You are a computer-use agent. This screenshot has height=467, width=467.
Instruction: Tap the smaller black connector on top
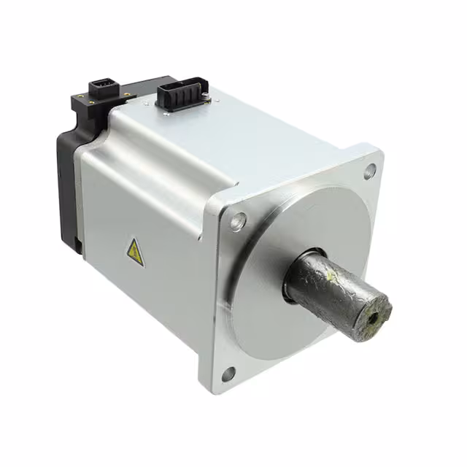pyautogui.click(x=102, y=91)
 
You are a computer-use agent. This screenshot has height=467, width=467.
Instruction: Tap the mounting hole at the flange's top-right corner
pyautogui.click(x=370, y=171)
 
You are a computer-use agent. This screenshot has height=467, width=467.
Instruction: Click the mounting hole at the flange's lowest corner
pyautogui.click(x=228, y=374)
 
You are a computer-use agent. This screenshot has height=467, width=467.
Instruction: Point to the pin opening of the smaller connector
pyautogui.click(x=102, y=88)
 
